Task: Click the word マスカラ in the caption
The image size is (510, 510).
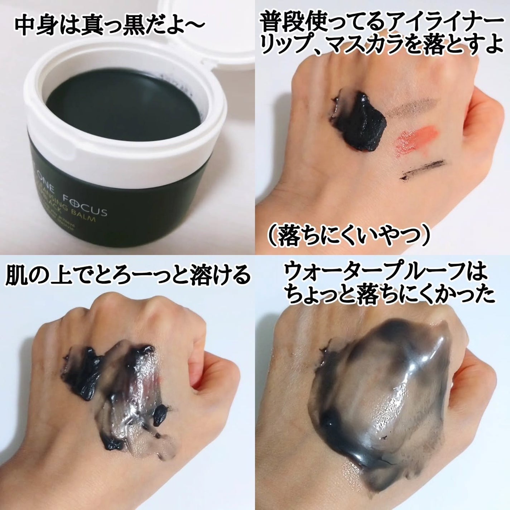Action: click(x=373, y=47)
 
